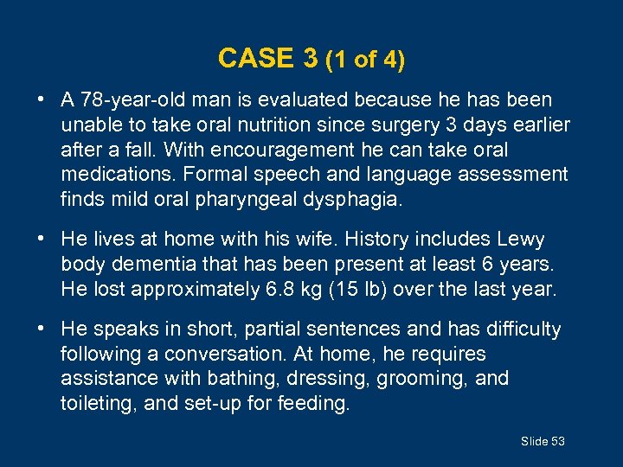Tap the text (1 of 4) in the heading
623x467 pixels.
pyautogui.click(x=365, y=60)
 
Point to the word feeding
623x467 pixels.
pyautogui.click(x=312, y=403)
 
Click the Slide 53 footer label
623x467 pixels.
pyautogui.click(x=543, y=441)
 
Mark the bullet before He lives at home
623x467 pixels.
pyautogui.click(x=42, y=240)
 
